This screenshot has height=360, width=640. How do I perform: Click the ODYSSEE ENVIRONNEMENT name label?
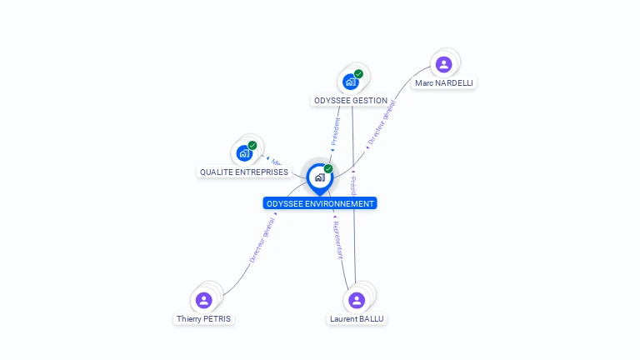[x=320, y=203]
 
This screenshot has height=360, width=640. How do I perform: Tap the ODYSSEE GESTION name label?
[x=350, y=101]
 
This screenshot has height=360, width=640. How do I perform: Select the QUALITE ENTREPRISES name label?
[x=244, y=172]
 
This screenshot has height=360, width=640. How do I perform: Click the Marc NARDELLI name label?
[x=445, y=83]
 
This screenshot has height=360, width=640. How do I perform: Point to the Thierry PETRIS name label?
[x=204, y=319]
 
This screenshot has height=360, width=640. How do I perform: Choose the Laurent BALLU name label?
[x=357, y=319]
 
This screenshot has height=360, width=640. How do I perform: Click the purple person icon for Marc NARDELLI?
[x=443, y=64]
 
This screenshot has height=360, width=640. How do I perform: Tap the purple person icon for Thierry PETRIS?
[x=203, y=300]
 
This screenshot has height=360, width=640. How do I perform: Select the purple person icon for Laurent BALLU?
[x=357, y=300]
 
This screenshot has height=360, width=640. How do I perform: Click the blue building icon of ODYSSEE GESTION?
[x=350, y=82]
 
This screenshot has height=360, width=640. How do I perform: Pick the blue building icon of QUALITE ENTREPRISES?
[x=243, y=153]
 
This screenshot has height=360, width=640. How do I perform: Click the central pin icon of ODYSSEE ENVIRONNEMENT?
[x=319, y=177]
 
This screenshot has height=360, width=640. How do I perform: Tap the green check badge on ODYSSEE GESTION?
[x=358, y=74]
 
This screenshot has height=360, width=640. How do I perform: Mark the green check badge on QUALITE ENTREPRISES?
[x=252, y=146]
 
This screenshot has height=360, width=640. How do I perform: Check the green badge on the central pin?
[x=328, y=169]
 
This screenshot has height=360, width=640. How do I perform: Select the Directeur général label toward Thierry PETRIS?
[x=262, y=242]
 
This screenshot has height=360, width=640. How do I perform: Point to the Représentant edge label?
[x=337, y=240]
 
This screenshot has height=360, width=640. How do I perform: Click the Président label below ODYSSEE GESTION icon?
[x=336, y=131]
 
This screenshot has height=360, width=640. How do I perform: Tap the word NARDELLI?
[x=454, y=83]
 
